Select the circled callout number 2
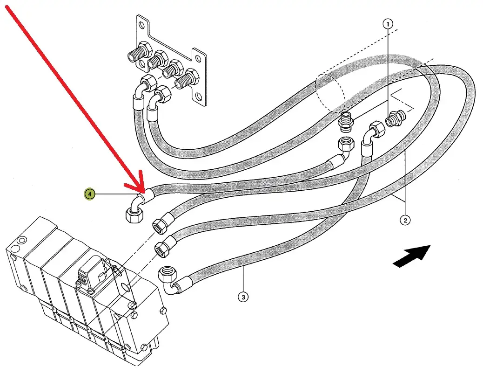tap(405, 220)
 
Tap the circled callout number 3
tap(242, 296)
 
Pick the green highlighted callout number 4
tap(89, 194)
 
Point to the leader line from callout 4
tap(116, 194)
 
